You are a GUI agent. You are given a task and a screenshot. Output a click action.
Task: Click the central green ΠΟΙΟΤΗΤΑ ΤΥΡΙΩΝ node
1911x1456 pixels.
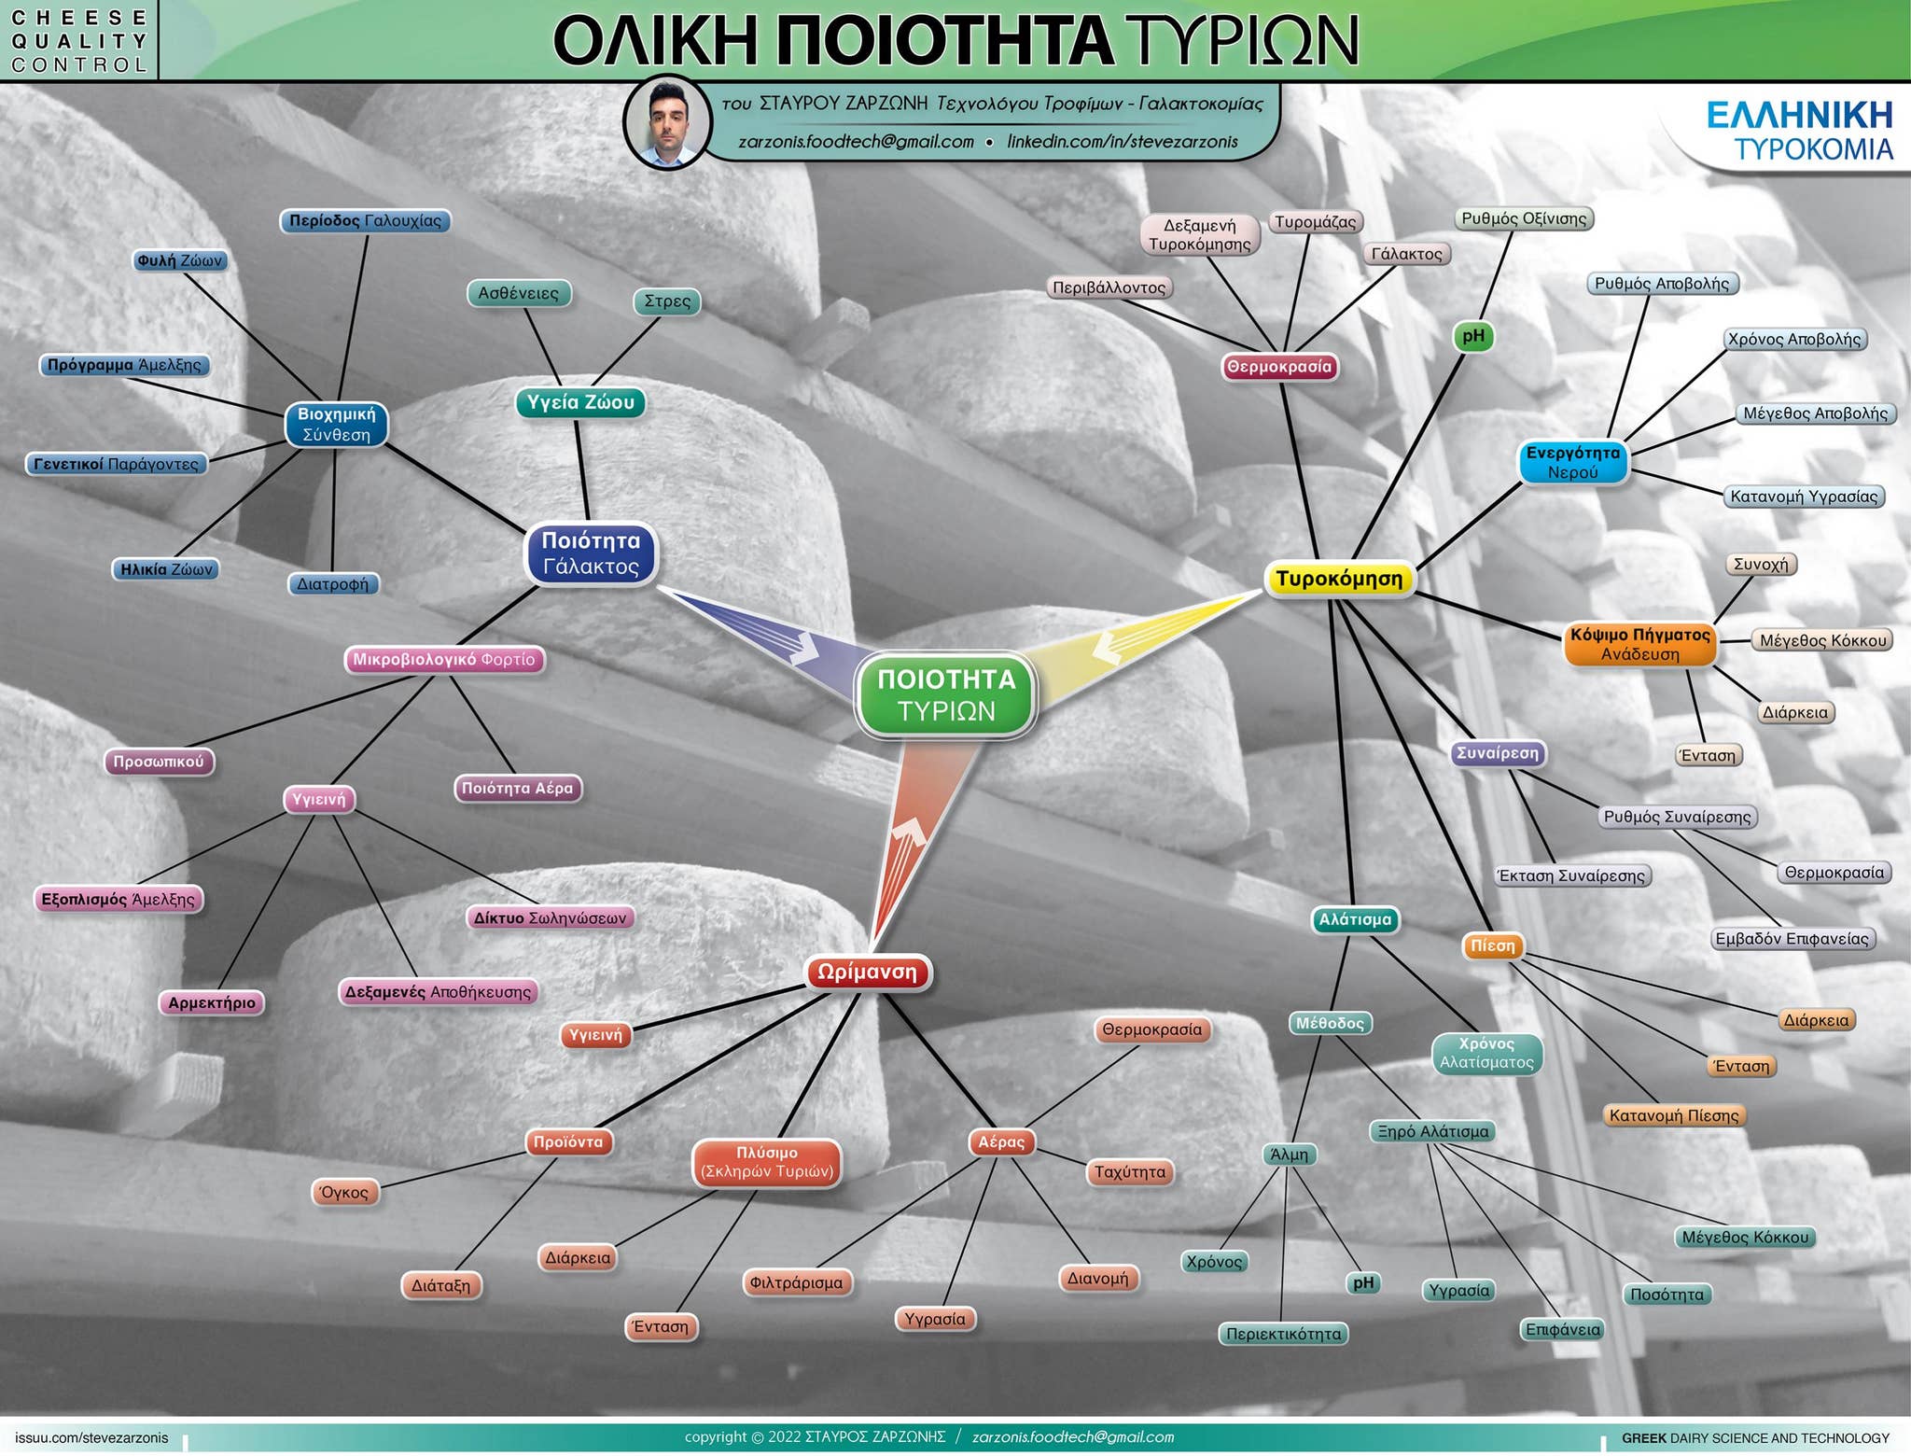point(946,695)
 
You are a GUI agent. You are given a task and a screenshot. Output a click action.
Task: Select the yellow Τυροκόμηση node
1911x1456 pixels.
point(1339,579)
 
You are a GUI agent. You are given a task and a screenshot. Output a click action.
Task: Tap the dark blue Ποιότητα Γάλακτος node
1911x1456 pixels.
point(592,553)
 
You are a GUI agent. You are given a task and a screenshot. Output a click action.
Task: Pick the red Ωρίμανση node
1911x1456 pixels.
point(868,973)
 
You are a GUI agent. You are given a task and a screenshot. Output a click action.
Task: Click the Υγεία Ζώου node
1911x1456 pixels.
point(580,402)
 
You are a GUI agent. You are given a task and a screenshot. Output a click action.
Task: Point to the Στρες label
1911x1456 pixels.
point(667,301)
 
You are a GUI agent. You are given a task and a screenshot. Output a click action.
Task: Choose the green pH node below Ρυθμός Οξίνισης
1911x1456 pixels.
point(1473,336)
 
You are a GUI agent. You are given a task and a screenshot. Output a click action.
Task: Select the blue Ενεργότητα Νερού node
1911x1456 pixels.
point(1573,462)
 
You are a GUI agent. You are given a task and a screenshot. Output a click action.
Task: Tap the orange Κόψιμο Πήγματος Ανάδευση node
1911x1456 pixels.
point(1640,644)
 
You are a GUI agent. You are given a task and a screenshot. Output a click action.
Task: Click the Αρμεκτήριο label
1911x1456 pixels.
point(212,1003)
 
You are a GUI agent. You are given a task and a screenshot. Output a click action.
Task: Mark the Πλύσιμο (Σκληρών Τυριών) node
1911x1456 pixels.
point(766,1162)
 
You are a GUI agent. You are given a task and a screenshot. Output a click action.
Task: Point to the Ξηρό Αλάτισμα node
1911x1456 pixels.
point(1433,1132)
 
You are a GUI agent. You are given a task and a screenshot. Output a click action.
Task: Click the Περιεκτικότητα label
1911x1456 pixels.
point(1284,1334)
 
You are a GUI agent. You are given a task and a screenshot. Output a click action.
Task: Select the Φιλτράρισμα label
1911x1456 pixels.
point(797,1282)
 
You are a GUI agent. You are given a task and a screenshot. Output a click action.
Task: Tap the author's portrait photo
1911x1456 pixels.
point(666,122)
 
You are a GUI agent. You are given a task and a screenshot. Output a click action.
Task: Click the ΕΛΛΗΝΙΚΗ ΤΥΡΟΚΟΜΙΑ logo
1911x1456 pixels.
point(1799,131)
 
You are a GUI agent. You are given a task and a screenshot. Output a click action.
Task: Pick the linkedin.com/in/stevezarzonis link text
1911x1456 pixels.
point(1123,142)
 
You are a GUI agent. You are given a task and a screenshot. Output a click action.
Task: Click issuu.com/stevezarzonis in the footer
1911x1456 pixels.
point(91,1437)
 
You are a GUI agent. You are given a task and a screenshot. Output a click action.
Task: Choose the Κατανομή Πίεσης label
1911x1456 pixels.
point(1674,1115)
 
